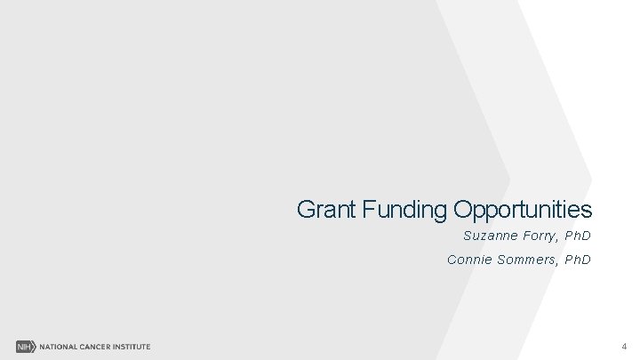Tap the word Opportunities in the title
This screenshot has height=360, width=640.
(x=522, y=211)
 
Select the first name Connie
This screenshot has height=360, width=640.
(x=467, y=260)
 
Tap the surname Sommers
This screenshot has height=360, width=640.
(x=524, y=260)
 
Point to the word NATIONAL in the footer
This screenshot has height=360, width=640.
(x=56, y=346)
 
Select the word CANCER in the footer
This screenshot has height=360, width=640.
(x=97, y=346)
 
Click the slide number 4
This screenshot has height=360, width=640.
(x=624, y=346)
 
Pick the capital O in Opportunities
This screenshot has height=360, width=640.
(x=462, y=210)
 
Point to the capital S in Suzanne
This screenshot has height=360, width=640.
(x=468, y=236)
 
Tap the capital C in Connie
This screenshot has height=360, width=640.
(x=452, y=260)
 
